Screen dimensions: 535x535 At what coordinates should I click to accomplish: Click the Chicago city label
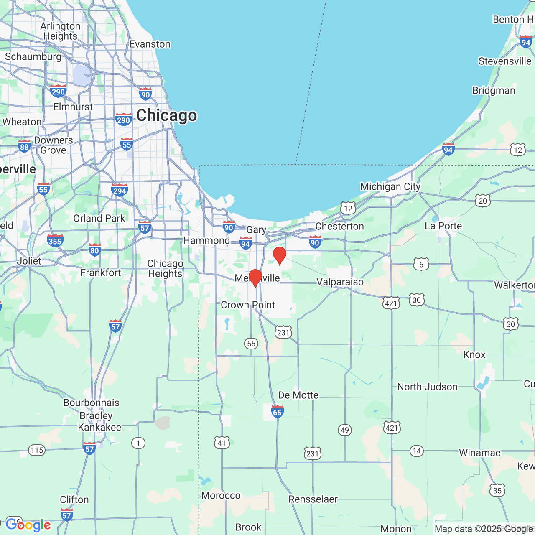point(166,115)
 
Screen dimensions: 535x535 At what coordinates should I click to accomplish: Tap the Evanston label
point(150,44)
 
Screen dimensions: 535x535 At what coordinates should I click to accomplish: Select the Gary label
point(256,229)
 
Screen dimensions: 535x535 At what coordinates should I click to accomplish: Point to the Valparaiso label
point(340,282)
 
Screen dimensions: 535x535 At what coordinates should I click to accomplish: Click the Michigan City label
point(390,186)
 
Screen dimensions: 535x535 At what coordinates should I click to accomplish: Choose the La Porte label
point(443,226)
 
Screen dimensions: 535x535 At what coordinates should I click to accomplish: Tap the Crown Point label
point(248,305)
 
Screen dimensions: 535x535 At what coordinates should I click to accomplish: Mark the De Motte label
point(298,395)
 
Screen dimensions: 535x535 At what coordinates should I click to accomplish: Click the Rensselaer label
point(313,499)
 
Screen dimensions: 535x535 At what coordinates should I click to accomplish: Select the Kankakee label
point(99,427)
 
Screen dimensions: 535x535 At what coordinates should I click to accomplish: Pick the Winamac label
point(479,453)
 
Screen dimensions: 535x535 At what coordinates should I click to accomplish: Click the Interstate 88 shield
point(24,146)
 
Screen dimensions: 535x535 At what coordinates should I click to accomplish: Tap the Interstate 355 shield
point(55,241)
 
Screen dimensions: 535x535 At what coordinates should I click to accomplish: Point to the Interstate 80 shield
point(94,250)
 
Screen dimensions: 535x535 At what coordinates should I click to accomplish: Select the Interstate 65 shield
point(277,412)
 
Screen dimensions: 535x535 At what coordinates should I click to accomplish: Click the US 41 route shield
point(222,443)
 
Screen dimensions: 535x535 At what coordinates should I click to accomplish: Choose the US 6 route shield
point(421,264)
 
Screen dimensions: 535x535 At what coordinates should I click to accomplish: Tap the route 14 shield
point(416,451)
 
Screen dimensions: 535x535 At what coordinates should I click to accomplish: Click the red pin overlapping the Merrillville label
point(255,278)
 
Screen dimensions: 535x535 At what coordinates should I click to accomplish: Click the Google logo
point(28,525)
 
